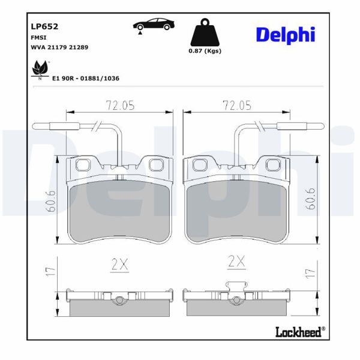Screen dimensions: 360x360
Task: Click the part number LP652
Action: coord(44,26)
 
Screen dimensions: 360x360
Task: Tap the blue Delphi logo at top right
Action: coord(285,35)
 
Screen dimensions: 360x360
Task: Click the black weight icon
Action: coord(204,33)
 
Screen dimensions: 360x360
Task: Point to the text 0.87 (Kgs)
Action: coord(205,51)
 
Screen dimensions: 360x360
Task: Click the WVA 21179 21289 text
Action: coord(59,46)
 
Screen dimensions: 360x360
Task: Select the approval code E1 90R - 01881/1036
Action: coord(87,78)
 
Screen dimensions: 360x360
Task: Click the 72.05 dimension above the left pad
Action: coord(120,105)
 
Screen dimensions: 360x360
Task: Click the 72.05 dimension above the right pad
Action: coord(236,105)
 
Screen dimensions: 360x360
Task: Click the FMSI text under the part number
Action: coord(38,37)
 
